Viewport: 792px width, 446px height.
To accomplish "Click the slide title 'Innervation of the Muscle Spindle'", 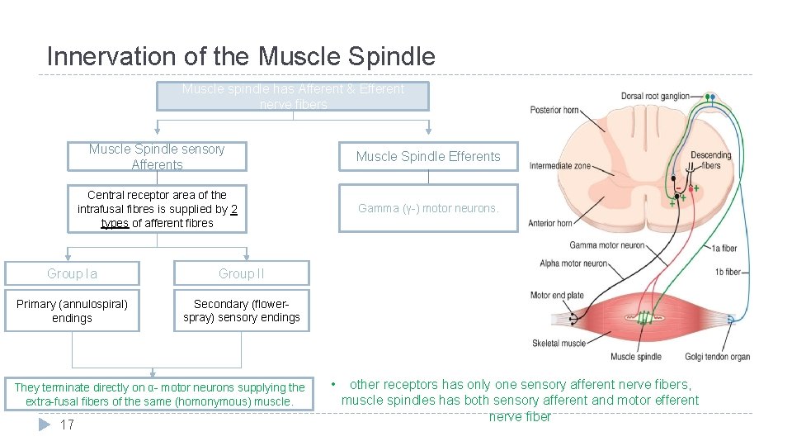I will click(241, 56).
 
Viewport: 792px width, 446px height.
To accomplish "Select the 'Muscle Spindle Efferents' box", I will click(428, 156).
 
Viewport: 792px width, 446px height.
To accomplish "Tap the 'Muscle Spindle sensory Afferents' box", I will click(157, 157).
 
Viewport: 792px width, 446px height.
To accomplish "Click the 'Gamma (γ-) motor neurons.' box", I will click(428, 209).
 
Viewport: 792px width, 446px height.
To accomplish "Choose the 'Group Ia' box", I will click(72, 273).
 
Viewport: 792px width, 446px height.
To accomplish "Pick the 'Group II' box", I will click(241, 273).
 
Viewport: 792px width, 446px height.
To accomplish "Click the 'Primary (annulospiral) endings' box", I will click(72, 311).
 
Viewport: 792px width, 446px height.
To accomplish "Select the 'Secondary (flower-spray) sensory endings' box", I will click(241, 311).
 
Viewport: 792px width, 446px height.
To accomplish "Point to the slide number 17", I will click(68, 425).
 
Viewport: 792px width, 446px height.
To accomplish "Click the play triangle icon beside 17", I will click(45, 425).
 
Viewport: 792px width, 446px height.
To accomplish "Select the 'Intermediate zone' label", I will click(560, 165).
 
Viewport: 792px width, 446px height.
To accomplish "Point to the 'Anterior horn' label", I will click(550, 223).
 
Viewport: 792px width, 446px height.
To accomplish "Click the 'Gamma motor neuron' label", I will click(606, 245).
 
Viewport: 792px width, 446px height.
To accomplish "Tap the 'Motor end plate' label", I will click(557, 295).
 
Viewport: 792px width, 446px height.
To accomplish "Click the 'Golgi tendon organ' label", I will click(717, 357).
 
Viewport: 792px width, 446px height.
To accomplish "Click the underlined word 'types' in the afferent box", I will click(115, 223).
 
